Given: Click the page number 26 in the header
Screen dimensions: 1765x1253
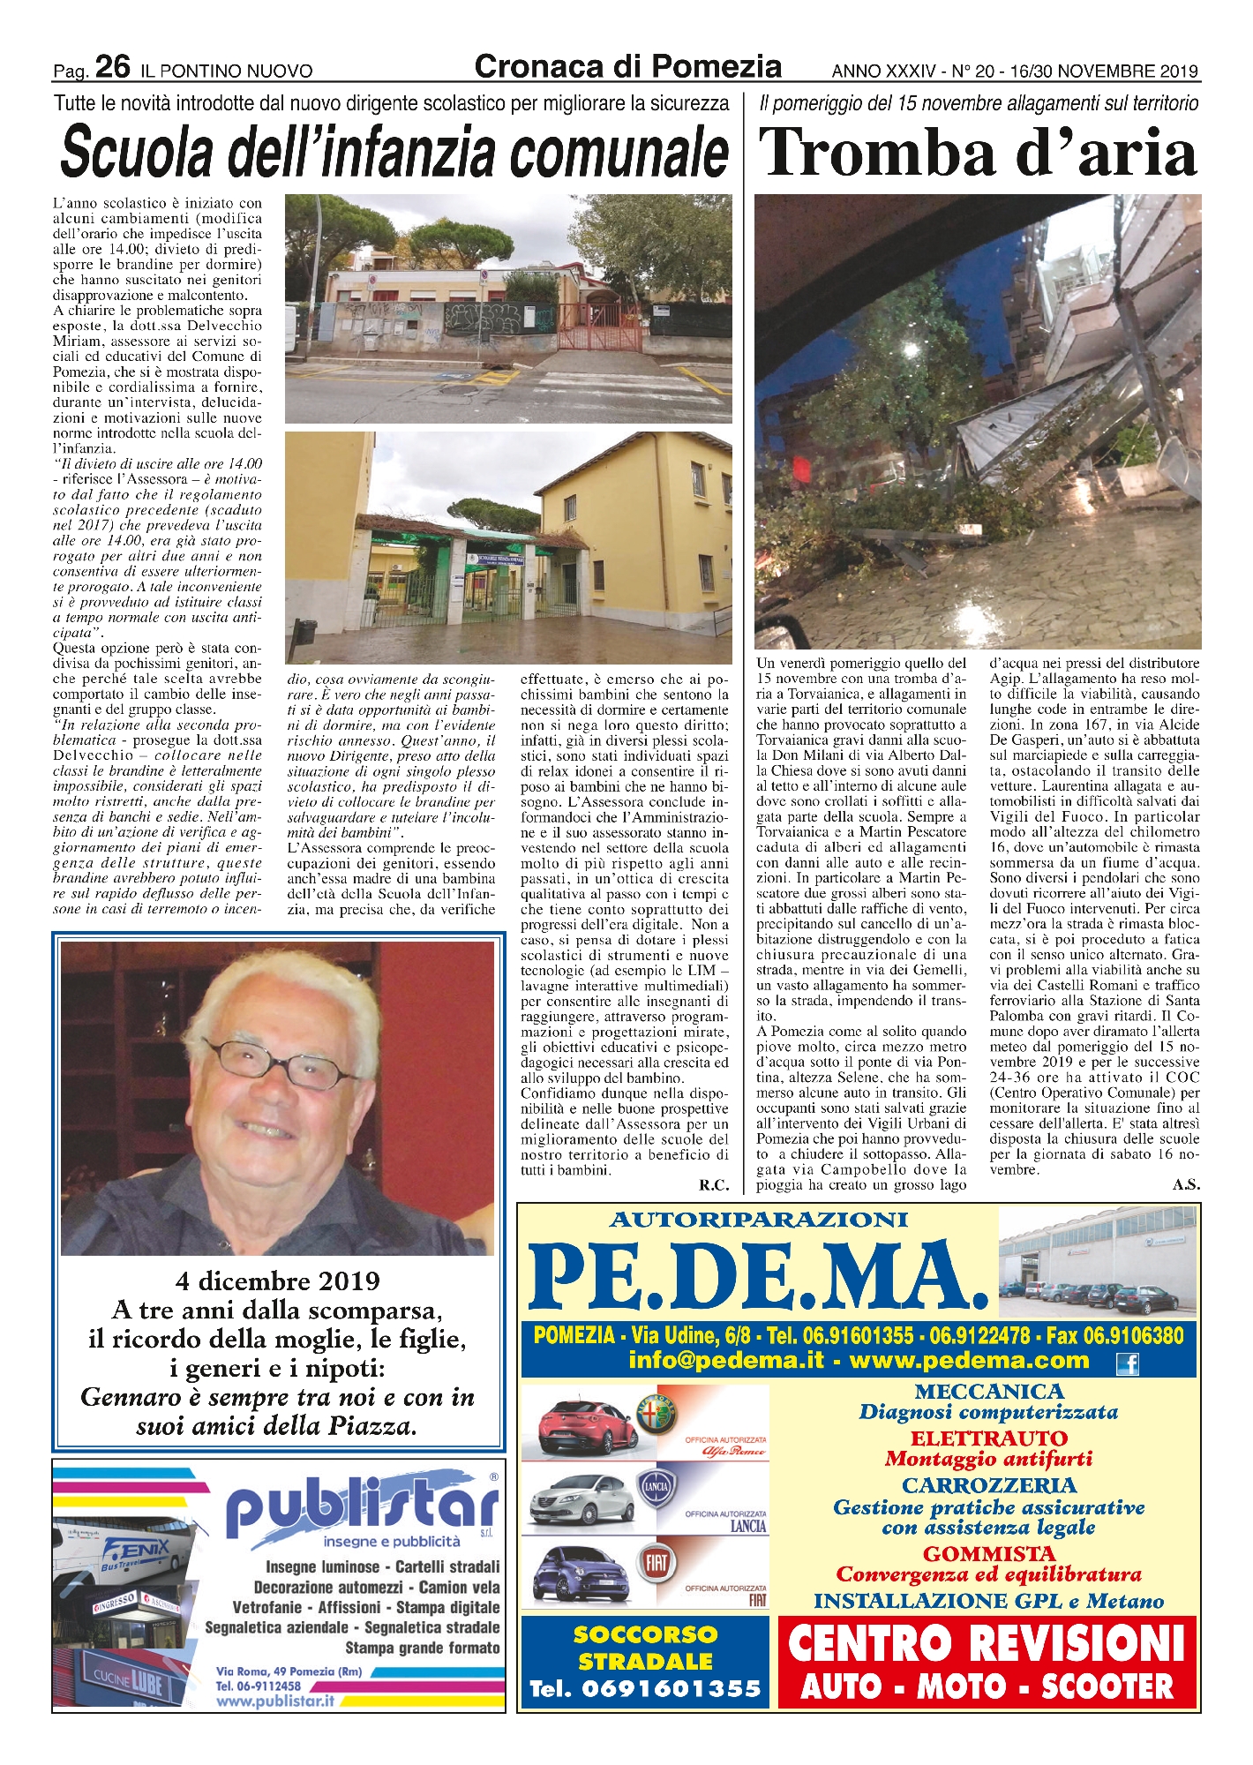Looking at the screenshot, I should tap(112, 66).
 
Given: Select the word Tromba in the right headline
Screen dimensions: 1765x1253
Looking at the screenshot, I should tap(882, 153).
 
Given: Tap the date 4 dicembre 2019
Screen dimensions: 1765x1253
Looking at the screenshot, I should tap(277, 1281).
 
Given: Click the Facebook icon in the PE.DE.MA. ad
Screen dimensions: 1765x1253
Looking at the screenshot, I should tap(1127, 1364).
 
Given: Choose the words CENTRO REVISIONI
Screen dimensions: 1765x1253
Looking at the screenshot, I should tap(986, 1641).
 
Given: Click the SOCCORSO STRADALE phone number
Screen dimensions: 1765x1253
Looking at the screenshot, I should tap(645, 1689).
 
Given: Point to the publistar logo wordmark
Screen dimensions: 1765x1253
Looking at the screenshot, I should tap(362, 1505).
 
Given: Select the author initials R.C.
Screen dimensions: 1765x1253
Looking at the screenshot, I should tap(713, 1186).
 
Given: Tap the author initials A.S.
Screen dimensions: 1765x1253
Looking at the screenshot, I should tap(1186, 1185).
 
